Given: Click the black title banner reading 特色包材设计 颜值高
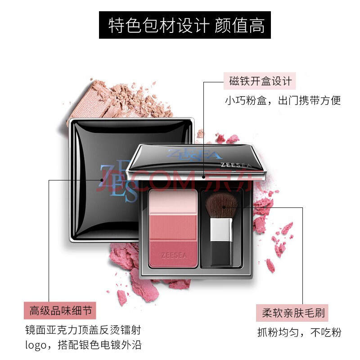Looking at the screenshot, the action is coord(185,25).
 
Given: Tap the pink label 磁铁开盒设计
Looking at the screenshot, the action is coord(260,81).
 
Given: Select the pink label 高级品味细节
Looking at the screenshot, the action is coord(60,310).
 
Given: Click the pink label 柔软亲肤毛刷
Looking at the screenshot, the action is coord(292,313).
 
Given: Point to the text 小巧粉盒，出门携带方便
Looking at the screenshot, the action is coord(283,100).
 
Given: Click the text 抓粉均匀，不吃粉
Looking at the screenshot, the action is coord(299,332).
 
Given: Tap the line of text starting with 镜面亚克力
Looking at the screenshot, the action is coord(83,330).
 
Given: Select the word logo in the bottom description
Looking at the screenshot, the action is coord(36,345).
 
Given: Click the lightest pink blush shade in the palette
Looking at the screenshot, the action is coord(173,202).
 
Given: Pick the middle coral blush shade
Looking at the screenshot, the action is coord(173,228).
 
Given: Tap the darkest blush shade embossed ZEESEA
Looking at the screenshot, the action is coord(173,254).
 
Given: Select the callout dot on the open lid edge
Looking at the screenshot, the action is coord(203,177).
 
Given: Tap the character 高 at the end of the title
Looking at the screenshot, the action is coord(257,25).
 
